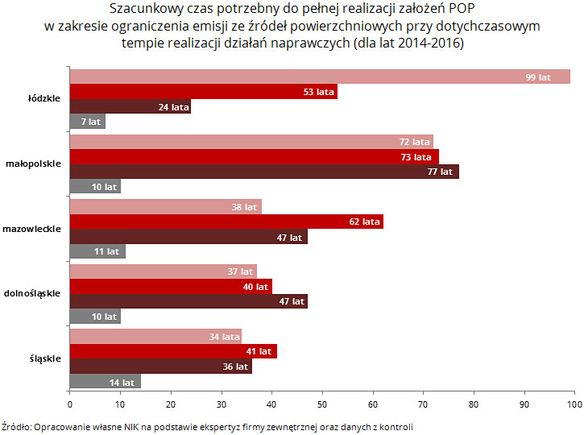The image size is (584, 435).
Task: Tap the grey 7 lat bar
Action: (87, 122)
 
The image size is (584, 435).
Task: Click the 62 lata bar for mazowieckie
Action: (226, 222)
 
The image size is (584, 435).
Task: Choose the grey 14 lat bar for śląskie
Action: (105, 382)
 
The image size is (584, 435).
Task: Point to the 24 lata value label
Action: (174, 107)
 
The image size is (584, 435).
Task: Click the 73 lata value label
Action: (416, 157)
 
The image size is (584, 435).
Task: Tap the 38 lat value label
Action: (244, 207)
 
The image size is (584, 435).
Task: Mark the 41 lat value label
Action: (259, 352)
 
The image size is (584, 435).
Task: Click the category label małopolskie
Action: (33, 164)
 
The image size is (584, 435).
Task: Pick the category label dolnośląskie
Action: (32, 293)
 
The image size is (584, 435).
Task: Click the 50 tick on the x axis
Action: (322, 403)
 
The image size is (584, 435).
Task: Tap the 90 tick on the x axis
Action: (524, 403)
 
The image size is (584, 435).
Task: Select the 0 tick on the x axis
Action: (70, 403)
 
